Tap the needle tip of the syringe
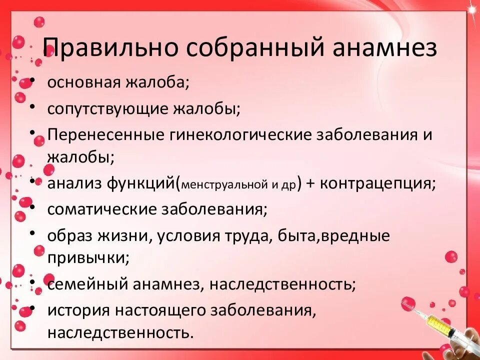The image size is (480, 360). (404, 301)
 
